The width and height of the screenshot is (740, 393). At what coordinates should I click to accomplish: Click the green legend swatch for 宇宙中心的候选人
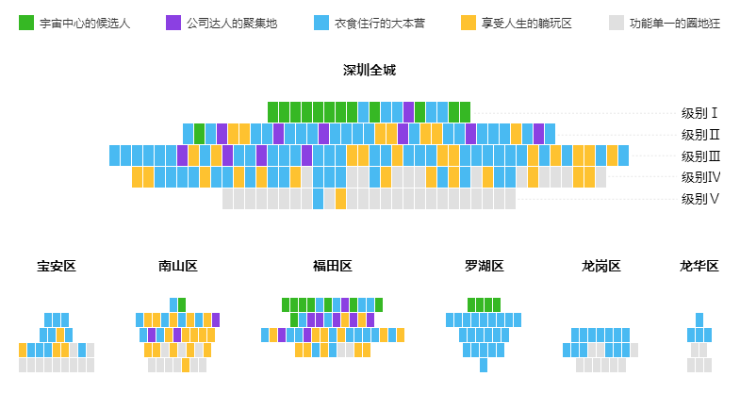click(x=26, y=23)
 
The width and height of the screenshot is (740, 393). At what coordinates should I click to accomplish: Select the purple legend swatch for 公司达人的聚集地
click(x=173, y=23)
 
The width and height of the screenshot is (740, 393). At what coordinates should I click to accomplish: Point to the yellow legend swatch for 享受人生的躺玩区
click(x=469, y=23)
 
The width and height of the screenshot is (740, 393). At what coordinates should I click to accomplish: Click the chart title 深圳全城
click(x=370, y=71)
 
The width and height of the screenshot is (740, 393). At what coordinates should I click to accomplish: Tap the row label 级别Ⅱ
click(x=700, y=134)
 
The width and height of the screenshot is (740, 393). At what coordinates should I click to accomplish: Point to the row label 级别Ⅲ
click(x=700, y=156)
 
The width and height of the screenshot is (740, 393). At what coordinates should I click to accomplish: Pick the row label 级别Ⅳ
click(x=700, y=177)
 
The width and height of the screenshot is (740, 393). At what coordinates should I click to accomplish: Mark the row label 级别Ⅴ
click(x=700, y=199)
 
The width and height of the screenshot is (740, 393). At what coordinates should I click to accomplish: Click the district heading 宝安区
click(x=57, y=267)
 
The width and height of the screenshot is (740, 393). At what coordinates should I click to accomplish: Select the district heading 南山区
click(x=178, y=267)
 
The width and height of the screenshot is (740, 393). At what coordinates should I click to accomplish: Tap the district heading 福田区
click(x=333, y=267)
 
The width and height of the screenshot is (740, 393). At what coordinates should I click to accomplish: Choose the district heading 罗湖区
click(x=485, y=267)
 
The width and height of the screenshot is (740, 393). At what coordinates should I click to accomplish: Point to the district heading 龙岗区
click(x=601, y=267)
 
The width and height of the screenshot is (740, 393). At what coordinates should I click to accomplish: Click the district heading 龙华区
click(x=699, y=267)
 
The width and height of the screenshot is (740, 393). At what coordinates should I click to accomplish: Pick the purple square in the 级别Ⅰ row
click(x=408, y=112)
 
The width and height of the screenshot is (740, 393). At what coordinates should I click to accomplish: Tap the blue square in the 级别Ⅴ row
click(x=319, y=199)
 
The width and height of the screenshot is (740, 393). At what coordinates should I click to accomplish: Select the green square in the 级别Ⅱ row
click(x=199, y=134)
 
